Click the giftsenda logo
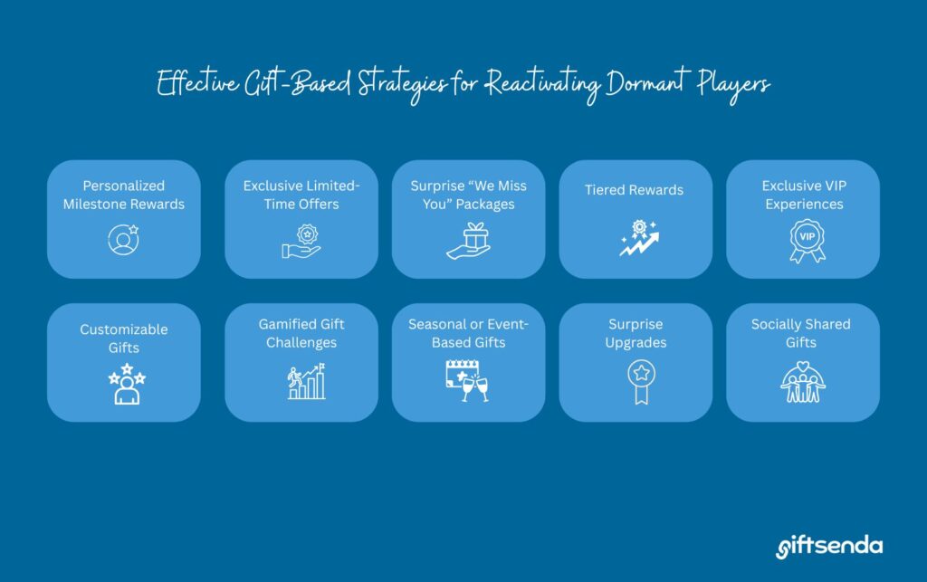click(x=829, y=546)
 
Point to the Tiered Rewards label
click(x=634, y=190)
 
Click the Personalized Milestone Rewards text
click(x=123, y=195)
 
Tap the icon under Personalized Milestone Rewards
click(x=123, y=240)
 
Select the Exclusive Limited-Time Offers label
click(x=301, y=195)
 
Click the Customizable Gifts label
click(x=123, y=338)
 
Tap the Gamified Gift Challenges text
click(x=301, y=333)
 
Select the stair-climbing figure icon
click(x=301, y=381)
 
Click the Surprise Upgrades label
click(x=635, y=333)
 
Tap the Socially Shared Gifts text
click(x=801, y=333)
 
